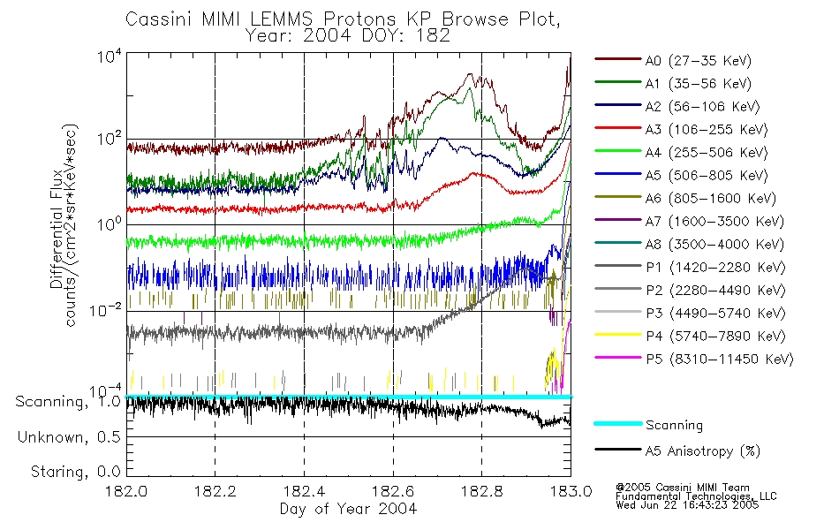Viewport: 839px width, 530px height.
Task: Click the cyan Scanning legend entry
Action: click(x=674, y=426)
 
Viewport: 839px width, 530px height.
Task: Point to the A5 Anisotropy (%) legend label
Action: click(x=701, y=451)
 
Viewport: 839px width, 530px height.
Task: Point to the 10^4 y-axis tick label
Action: click(x=109, y=56)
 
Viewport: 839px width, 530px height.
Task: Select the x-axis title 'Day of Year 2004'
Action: click(x=348, y=509)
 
